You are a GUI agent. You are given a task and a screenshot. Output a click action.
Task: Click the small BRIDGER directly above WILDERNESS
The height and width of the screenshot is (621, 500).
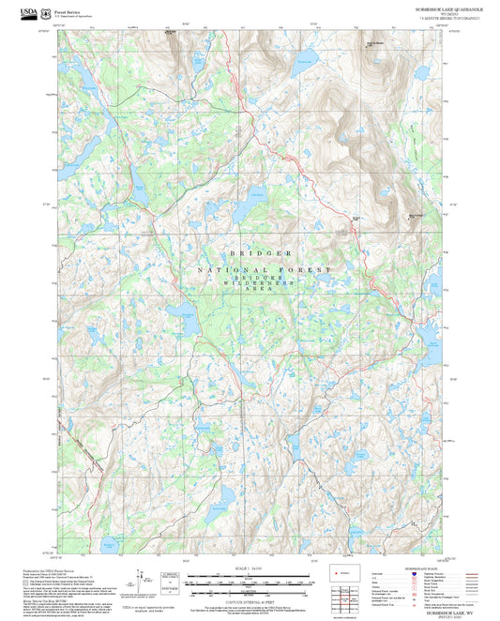tap(258, 279)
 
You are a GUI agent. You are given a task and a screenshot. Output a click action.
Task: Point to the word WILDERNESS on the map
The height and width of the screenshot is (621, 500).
tap(259, 284)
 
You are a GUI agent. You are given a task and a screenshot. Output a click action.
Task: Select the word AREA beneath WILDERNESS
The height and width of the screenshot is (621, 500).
tap(259, 291)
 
